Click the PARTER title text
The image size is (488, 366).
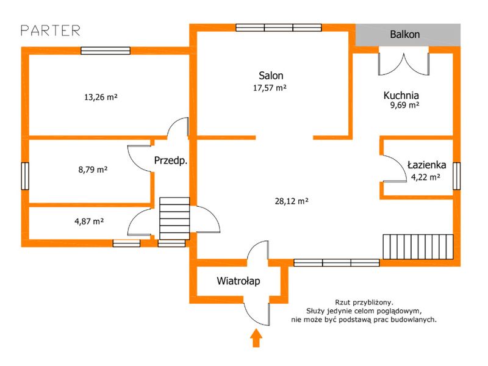[x=51, y=30]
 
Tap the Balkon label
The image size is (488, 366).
[x=404, y=34]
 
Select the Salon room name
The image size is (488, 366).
[x=271, y=75]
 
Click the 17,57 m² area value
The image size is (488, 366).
[x=270, y=88]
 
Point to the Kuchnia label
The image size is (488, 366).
[x=401, y=95]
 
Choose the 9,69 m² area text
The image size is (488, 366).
[x=404, y=105]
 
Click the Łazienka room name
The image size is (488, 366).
[x=426, y=165]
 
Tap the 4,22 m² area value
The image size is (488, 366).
[x=425, y=177]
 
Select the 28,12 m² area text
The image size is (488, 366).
[x=292, y=201]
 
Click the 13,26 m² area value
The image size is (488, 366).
[x=101, y=97]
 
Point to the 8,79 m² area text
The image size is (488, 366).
[x=93, y=170]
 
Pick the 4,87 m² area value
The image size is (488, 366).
[x=89, y=221]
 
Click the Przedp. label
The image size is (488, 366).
[x=171, y=160]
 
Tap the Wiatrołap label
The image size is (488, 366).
[x=239, y=281]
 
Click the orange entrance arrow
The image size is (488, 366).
[x=256, y=338]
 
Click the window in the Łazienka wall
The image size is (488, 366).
[x=456, y=176]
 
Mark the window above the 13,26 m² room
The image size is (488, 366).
[x=106, y=51]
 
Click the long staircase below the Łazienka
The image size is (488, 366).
[x=418, y=247]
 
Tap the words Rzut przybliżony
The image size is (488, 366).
[x=364, y=302]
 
